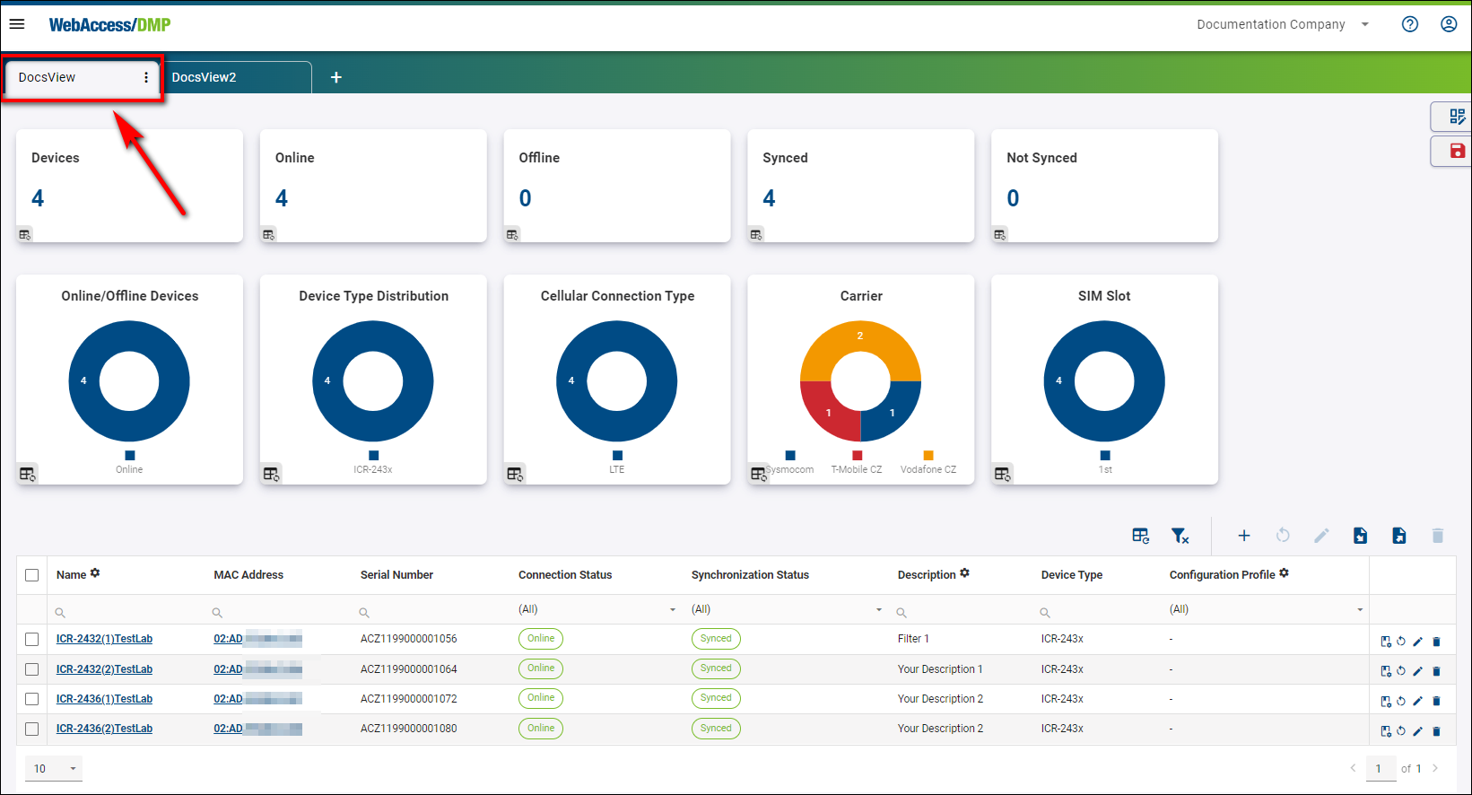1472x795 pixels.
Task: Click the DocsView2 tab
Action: [x=205, y=77]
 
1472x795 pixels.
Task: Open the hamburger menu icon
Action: [x=17, y=24]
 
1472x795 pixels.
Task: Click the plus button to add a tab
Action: [x=336, y=77]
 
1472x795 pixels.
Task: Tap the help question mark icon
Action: [x=1410, y=24]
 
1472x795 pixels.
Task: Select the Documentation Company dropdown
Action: [x=1283, y=24]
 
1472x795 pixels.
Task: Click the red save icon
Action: [x=1457, y=151]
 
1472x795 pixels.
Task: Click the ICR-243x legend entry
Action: [x=373, y=469]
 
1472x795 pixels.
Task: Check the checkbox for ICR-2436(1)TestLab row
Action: [x=32, y=699]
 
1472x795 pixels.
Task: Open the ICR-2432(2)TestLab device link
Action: [x=104, y=669]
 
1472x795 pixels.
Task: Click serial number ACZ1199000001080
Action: [x=408, y=729]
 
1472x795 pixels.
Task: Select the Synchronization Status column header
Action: [x=750, y=575]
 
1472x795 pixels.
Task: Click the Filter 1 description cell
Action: [x=913, y=639]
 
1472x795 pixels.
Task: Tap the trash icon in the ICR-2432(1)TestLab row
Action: [x=1436, y=642]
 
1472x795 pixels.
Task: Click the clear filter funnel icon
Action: [x=1180, y=536]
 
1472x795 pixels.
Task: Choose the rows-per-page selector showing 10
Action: [x=54, y=769]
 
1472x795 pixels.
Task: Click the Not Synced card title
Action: [x=1041, y=158]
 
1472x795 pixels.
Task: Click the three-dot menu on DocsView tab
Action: [x=146, y=77]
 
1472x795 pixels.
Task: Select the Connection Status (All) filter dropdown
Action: [x=597, y=609]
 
